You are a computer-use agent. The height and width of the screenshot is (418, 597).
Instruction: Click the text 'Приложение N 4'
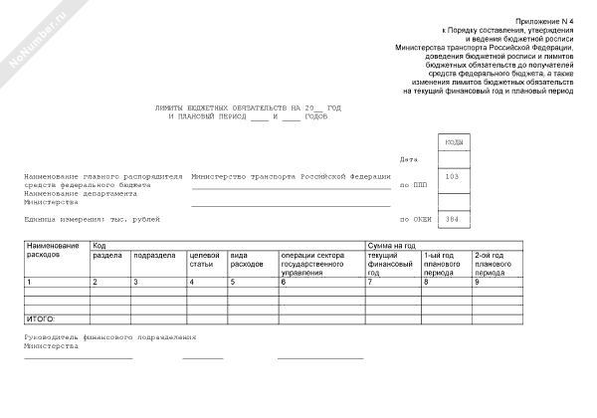pos(545,21)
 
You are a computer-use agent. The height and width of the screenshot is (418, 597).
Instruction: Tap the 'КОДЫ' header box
pos(452,142)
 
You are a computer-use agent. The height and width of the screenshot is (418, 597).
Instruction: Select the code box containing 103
pos(452,177)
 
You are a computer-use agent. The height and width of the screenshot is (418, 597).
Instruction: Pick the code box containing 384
pos(452,218)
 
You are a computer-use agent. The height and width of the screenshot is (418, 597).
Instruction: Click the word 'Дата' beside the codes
pos(408,159)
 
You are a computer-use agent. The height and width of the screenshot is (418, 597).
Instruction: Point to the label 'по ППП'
pos(411,185)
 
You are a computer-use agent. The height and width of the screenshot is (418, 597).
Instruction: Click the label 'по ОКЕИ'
pos(413,218)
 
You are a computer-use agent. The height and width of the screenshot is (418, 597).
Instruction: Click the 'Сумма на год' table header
pos(391,244)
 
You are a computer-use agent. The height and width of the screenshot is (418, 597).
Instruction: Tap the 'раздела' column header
pos(106,255)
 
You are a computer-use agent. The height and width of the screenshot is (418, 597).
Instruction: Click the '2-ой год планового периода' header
pos(494,264)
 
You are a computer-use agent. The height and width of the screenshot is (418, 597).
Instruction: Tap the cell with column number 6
pos(284,284)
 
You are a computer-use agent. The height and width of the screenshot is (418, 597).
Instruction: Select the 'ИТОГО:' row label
pos(39,318)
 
